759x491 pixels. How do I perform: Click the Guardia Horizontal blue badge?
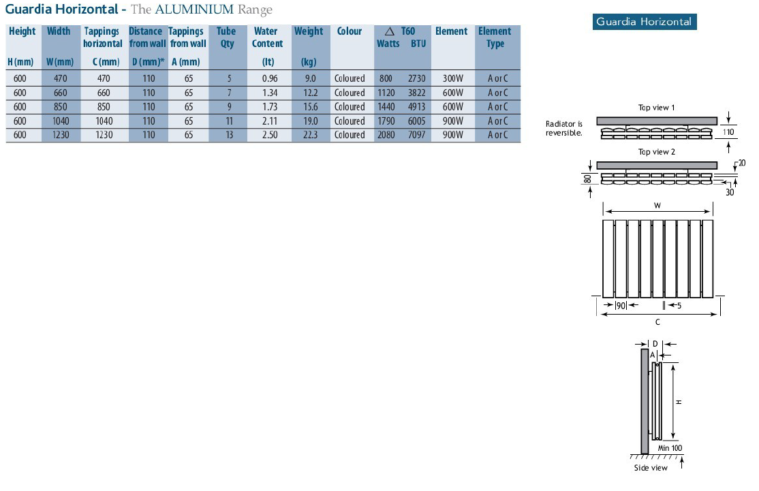(645, 22)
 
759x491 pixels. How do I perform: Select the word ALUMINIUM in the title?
(194, 9)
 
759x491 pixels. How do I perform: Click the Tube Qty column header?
(226, 37)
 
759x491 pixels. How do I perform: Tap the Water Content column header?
(267, 37)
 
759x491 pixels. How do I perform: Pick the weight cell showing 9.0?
(310, 78)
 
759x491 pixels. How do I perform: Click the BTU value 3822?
(416, 93)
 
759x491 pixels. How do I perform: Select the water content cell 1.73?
(270, 107)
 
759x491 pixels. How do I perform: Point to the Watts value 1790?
(386, 121)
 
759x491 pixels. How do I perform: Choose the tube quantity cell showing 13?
(230, 135)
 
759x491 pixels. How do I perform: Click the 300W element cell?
(453, 78)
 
